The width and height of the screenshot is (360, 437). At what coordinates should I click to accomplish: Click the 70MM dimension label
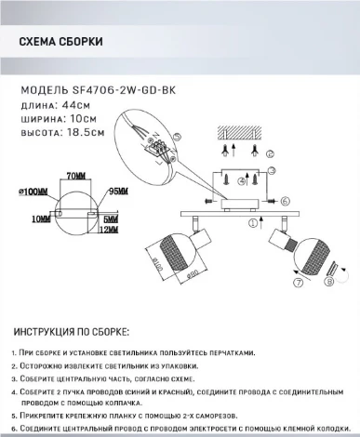point(76,176)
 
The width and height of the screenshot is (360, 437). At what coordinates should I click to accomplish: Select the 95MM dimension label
point(119,190)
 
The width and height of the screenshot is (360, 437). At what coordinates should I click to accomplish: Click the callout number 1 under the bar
point(249,223)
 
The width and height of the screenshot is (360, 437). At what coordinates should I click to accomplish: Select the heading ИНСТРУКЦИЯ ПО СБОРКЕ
point(73,332)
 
